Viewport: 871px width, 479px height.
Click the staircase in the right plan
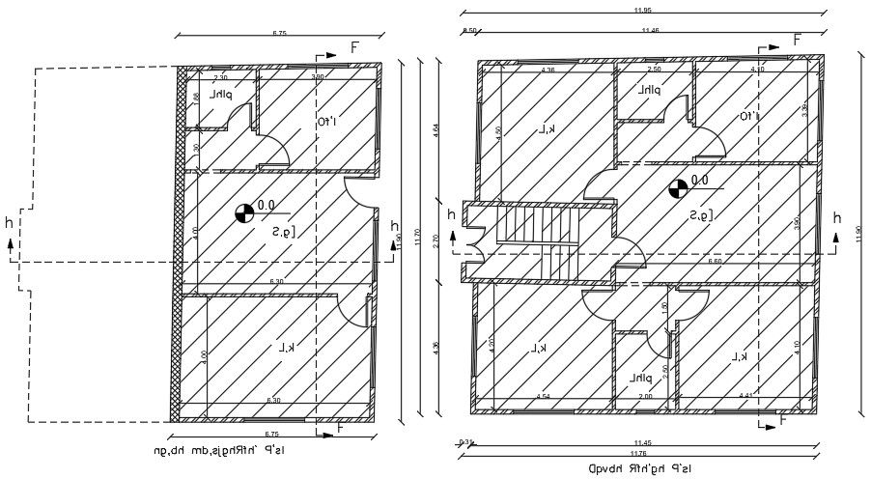pos(537,243)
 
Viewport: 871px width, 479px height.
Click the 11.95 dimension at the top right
pos(641,10)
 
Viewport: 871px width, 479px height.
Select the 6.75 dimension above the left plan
pos(279,34)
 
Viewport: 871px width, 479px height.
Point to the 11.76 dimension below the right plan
pos(638,452)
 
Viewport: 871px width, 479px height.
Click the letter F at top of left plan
pos(355,47)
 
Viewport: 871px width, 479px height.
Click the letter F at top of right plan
pos(798,40)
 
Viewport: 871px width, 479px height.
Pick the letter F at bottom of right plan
pos(782,420)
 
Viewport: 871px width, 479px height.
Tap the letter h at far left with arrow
pos(10,223)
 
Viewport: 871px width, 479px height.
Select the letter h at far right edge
pos(837,217)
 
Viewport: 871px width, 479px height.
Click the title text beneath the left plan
pos(219,450)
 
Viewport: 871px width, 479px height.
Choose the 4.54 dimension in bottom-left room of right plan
pos(543,396)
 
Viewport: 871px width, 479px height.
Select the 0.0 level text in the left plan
pos(267,205)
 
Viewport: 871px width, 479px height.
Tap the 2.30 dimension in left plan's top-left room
pos(220,77)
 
